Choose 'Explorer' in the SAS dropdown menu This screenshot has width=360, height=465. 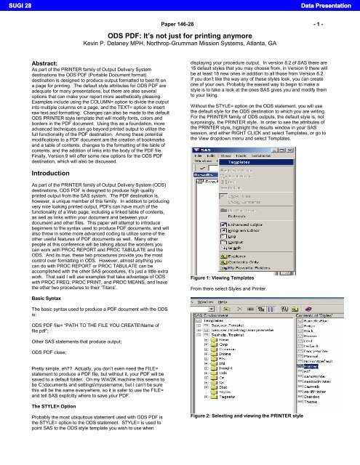tap(240, 256)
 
